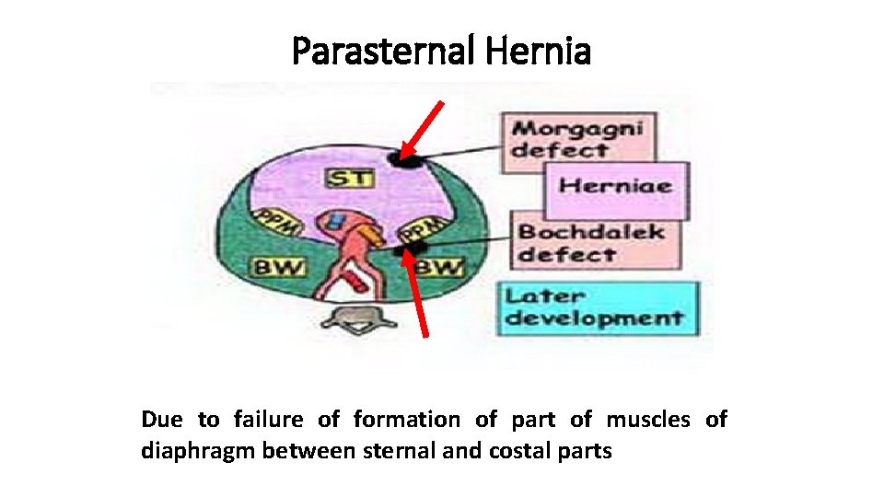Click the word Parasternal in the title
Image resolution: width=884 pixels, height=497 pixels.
[380, 52]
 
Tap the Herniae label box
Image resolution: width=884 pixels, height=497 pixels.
[615, 187]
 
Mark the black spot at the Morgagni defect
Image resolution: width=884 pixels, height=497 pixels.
[403, 159]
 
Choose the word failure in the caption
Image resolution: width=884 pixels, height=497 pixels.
[268, 420]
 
